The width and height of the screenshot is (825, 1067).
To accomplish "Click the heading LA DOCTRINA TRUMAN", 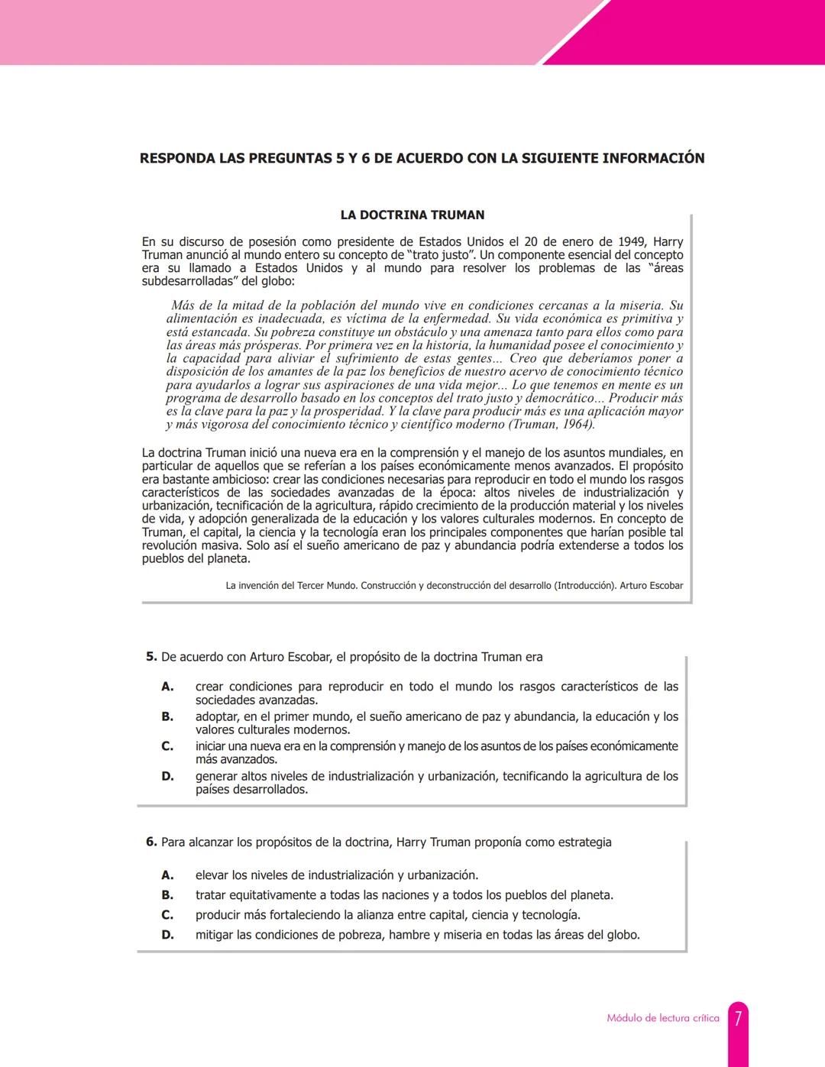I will pos(412,215).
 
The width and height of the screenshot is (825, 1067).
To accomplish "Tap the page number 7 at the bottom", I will pos(738,1018).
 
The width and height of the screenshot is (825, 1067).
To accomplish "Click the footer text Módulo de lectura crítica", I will pos(662,1018).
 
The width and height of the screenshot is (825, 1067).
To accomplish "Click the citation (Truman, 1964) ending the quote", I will pos(552,425).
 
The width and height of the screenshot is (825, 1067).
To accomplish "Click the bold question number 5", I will pos(151,657).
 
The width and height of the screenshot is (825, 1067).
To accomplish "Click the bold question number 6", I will pos(151,842).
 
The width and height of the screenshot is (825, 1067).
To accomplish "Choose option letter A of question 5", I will pos(167,687).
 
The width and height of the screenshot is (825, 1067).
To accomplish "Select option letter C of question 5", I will pos(167,746).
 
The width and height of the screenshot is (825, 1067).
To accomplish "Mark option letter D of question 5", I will pos(167,776).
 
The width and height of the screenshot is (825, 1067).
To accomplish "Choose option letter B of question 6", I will pos(167,895).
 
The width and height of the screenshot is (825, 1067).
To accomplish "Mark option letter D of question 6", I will pos(167,935).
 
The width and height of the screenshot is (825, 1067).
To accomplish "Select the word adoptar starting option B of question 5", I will pos(217,716).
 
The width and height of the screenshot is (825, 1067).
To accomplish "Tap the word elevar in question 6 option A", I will pos(212,875).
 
